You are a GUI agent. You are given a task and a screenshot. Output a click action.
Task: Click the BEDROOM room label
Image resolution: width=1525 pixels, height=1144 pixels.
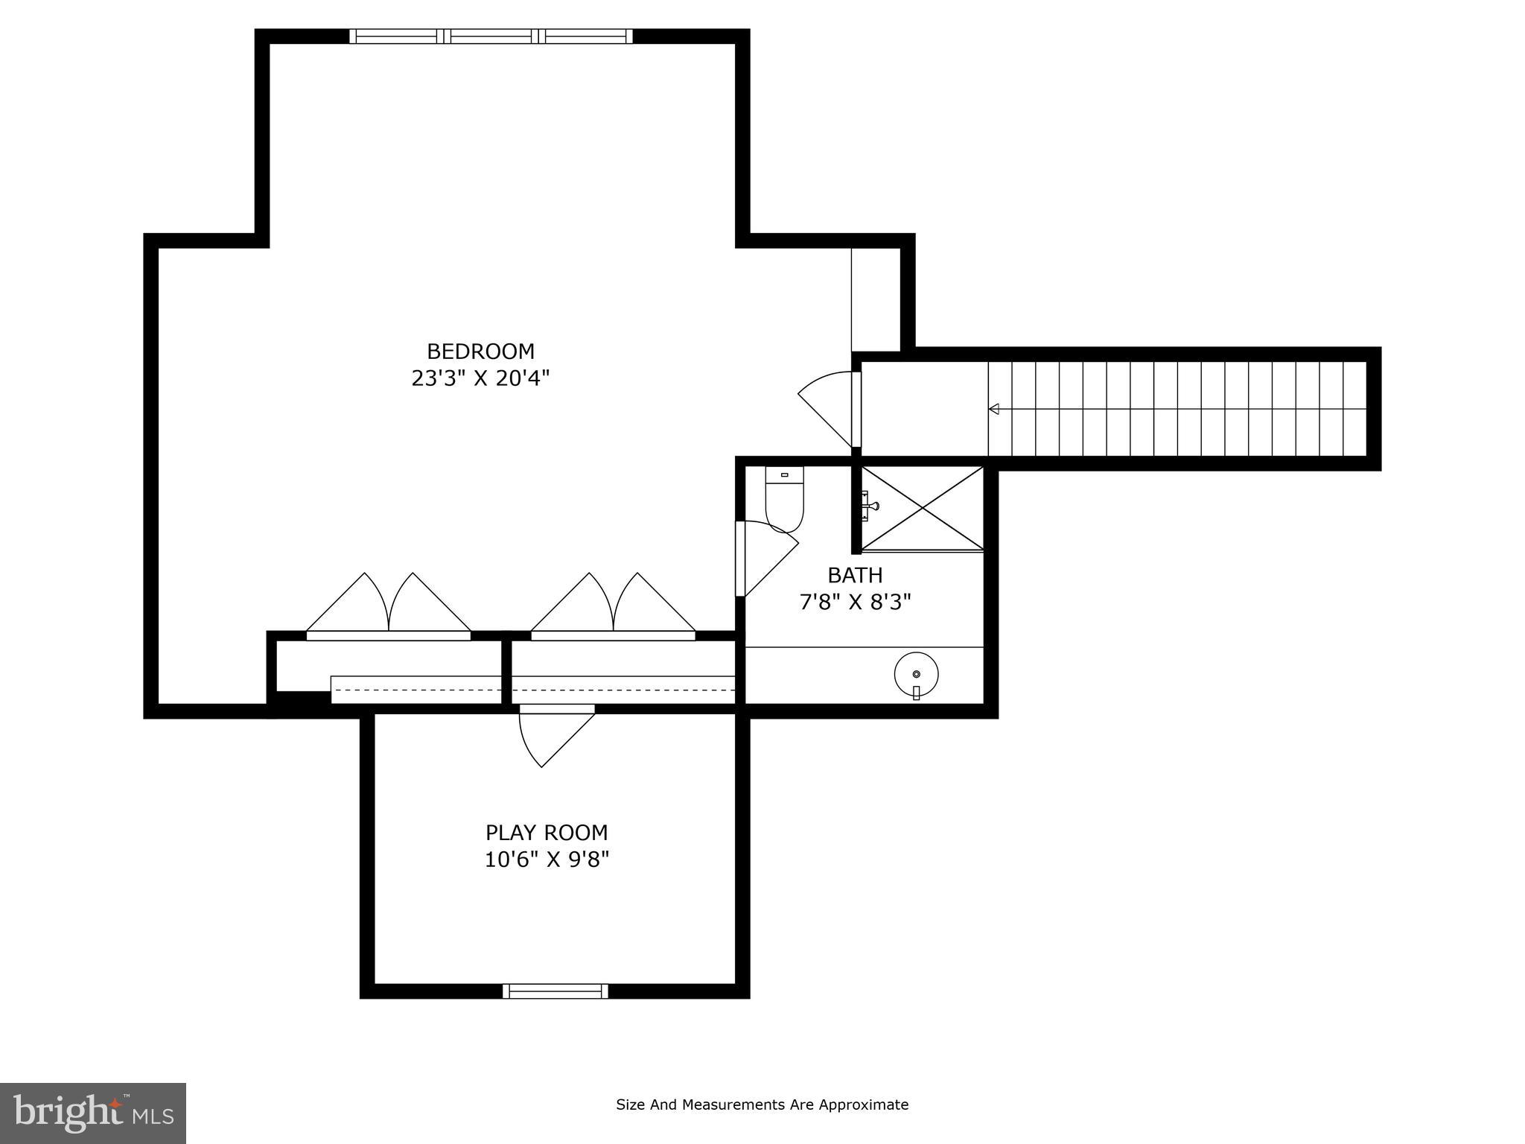pos(480,351)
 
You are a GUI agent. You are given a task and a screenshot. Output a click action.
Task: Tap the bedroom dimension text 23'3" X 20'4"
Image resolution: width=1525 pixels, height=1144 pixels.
pos(480,378)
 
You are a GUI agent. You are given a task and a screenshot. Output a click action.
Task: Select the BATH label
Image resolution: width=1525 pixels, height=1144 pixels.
pos(855,575)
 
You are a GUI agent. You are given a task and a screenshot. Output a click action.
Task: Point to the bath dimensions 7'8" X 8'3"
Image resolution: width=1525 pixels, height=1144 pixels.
pos(855,602)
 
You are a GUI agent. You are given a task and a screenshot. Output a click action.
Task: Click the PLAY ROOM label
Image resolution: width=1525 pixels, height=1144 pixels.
pos(547,832)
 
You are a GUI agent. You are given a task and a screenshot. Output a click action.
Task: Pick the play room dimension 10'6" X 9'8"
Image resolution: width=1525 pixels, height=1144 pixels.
pos(547,859)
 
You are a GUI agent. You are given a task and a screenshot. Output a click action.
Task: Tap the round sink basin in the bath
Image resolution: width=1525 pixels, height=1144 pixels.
pos(916,674)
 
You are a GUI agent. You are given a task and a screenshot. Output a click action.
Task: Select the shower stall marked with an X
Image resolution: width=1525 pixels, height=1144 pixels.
pos(923,508)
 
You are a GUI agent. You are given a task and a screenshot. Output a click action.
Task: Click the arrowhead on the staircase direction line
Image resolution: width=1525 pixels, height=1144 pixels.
pos(993,409)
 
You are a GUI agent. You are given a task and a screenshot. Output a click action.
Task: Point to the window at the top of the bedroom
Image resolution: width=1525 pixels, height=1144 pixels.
pos(491,36)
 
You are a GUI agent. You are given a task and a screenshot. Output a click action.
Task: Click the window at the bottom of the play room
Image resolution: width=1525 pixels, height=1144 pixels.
pos(555,991)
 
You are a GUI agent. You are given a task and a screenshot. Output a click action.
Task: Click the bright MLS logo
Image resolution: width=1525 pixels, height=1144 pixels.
pos(93,1113)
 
